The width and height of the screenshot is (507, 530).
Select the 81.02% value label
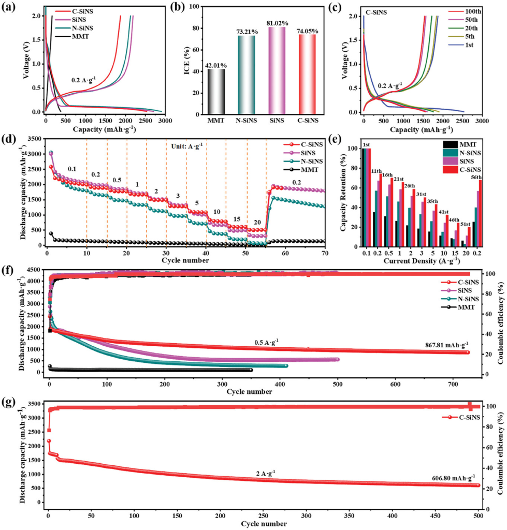point(280,22)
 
